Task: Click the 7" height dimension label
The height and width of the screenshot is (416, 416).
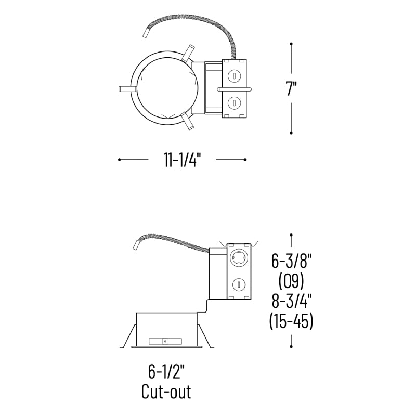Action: coord(291,88)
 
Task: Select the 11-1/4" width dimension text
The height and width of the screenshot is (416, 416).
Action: coord(181,160)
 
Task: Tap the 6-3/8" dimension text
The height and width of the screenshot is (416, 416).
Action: coord(291,261)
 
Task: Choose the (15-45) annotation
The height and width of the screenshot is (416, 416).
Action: coord(291,321)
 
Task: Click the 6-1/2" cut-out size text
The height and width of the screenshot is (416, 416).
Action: coord(166,371)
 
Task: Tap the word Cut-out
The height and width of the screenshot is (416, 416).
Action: coord(166,392)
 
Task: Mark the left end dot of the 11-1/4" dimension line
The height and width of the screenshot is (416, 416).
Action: coord(120,160)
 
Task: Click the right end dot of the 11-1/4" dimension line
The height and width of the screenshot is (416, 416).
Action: coord(245,160)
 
